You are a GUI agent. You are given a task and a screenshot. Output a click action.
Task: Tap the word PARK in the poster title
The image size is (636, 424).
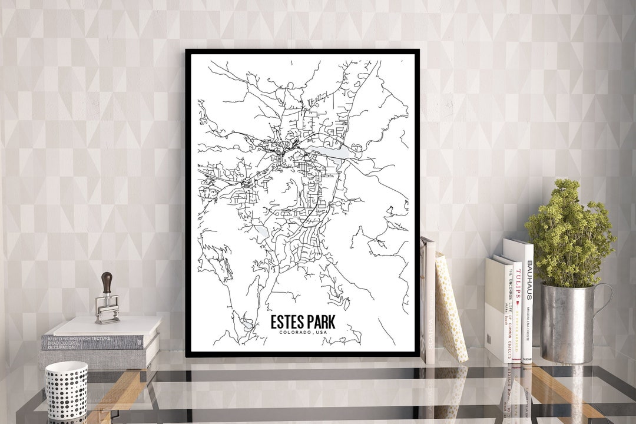click(322, 322)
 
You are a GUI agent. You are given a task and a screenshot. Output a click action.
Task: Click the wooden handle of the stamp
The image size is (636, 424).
click(107, 282)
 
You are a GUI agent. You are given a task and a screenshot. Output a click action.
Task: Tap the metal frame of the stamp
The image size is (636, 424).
click(107, 309)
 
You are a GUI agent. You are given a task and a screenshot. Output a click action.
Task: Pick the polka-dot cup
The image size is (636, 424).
click(66, 389)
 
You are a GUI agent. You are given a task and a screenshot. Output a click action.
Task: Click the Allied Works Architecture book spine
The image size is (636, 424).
click(91, 341)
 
